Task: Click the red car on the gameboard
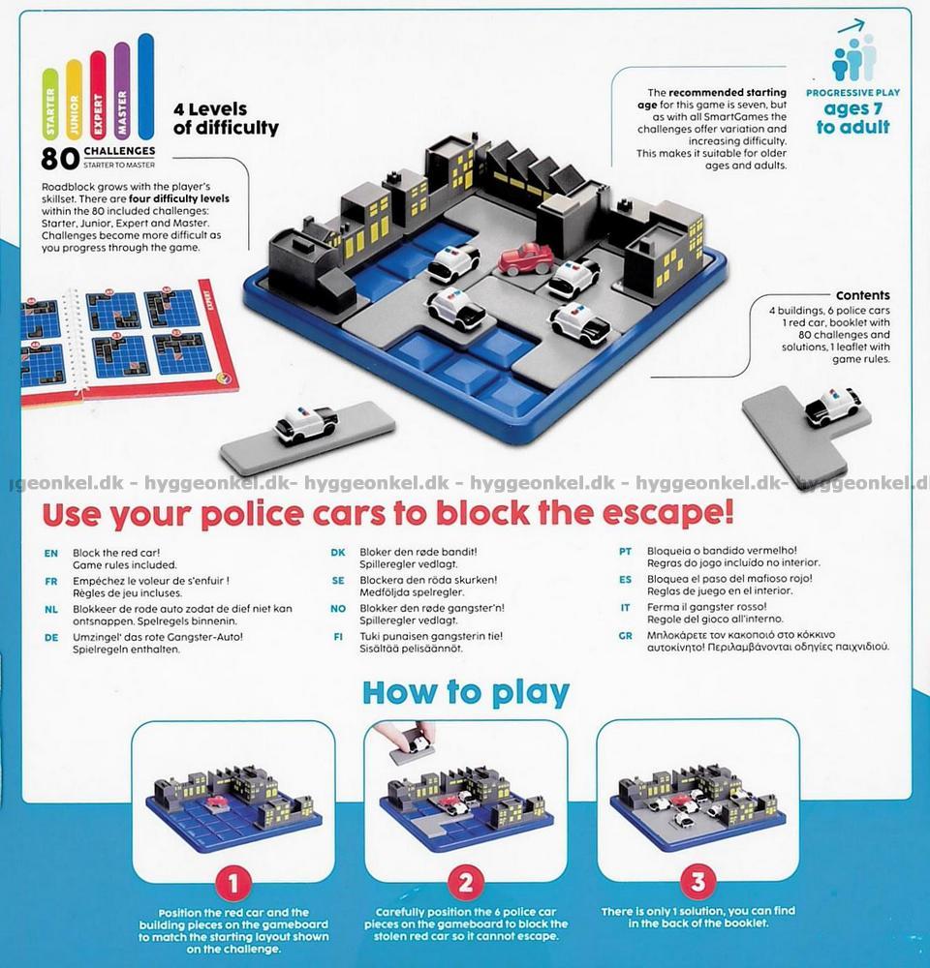[526, 258]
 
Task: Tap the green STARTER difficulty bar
[50, 104]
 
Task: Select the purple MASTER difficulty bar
[122, 90]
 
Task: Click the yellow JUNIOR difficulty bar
[75, 100]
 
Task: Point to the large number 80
[60, 159]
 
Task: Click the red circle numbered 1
[232, 884]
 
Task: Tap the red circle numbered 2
[465, 883]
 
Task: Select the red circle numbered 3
[697, 882]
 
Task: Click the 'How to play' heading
[465, 693]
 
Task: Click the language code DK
[338, 553]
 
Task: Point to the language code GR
[626, 635]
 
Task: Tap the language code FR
[51, 582]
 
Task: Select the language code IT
[626, 608]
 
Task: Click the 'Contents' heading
[862, 295]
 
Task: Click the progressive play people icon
[854, 52]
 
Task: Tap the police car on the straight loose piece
[306, 424]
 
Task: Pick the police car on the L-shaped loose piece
[832, 408]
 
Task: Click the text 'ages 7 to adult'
[852, 118]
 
